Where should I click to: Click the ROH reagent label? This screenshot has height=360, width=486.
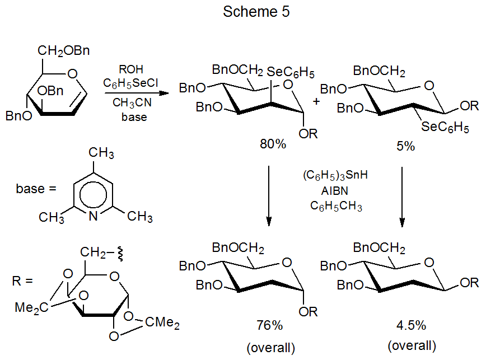[131, 69]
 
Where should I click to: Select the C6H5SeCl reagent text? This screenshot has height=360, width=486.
[131, 83]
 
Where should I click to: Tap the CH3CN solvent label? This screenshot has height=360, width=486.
[131, 104]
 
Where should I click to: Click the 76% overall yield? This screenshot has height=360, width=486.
[271, 326]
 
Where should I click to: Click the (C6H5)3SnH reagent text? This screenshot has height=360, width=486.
[336, 176]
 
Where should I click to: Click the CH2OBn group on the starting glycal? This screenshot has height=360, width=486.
[64, 52]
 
